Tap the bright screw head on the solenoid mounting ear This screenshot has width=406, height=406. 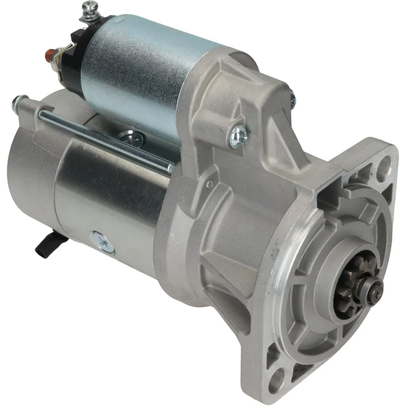click(238, 136)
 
